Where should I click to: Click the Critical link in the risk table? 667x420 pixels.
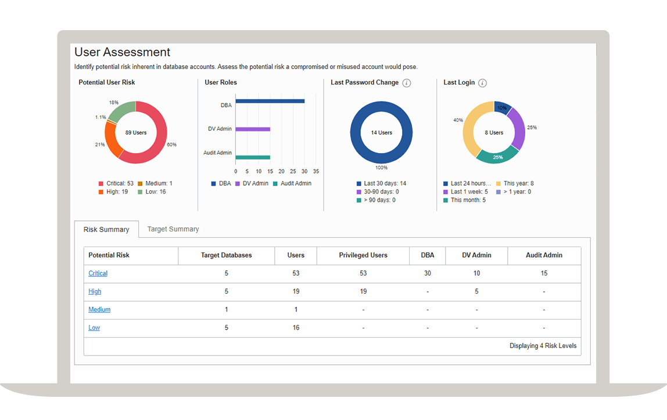[x=98, y=273]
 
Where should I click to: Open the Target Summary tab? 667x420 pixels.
[x=173, y=229]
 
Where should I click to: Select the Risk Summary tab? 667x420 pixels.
[x=106, y=230]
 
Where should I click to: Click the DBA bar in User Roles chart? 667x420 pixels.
[x=270, y=101]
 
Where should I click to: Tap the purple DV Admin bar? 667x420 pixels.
[x=253, y=129]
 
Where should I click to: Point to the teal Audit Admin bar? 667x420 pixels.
[x=253, y=157]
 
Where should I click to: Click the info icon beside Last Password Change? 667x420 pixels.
[x=407, y=83]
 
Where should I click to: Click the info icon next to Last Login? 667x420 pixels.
[x=482, y=83]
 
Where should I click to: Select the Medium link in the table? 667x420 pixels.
[x=99, y=310]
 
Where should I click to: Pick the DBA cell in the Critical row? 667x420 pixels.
[x=428, y=273]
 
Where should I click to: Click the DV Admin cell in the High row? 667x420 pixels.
[x=476, y=292]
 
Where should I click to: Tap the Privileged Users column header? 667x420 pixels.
[x=363, y=255]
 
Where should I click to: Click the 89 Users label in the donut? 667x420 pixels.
[x=136, y=133]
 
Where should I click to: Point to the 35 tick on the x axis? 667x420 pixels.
[x=316, y=172]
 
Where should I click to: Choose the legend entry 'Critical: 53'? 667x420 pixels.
[x=120, y=183]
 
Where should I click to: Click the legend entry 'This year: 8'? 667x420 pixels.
[x=518, y=183]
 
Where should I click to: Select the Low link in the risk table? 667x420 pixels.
[x=94, y=328]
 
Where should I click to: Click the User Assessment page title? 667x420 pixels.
[x=123, y=52]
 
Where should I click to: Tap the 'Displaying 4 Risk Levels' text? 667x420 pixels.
[x=543, y=346]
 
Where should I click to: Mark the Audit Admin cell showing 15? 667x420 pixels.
[x=544, y=273]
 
